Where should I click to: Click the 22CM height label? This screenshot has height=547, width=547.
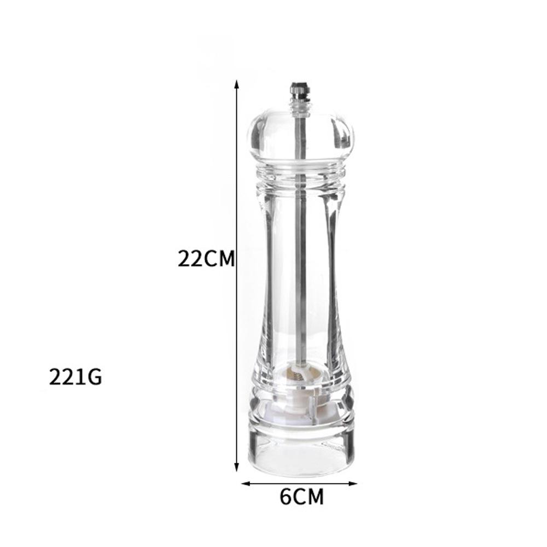click(206, 259)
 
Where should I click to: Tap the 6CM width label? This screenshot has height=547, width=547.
click(302, 497)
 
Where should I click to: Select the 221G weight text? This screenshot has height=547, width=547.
click(75, 377)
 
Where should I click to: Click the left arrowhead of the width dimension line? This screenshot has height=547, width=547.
click(246, 484)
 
